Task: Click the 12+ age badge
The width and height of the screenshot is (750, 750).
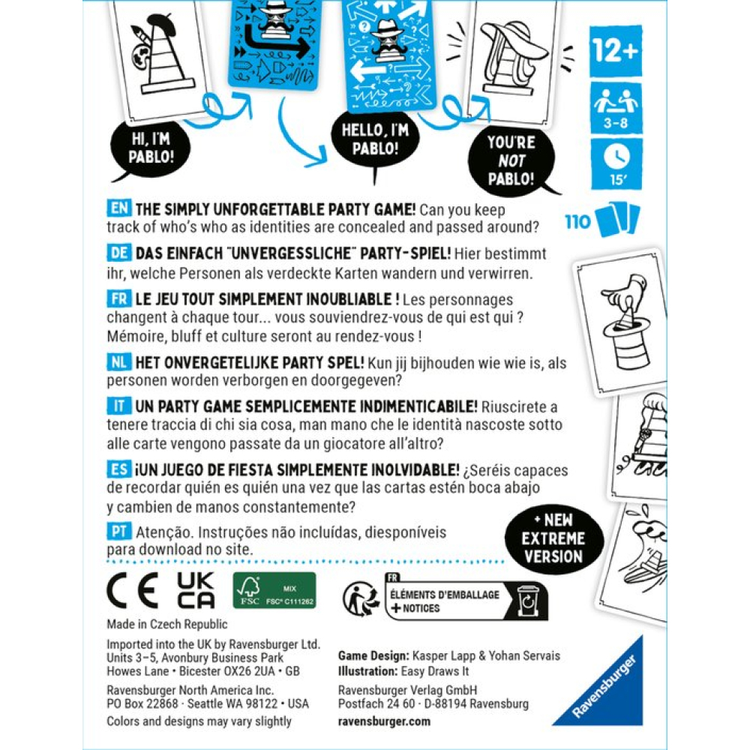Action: point(616,50)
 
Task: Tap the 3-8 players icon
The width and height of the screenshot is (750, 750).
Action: point(616,106)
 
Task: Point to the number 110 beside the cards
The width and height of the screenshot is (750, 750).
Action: point(578,220)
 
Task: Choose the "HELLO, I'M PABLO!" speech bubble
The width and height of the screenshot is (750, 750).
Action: point(370,140)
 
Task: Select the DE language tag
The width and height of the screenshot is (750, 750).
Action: point(119,254)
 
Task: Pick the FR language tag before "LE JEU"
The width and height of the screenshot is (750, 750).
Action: point(119,298)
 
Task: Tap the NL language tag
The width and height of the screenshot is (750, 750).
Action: point(119,362)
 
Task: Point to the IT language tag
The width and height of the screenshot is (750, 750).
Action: point(119,406)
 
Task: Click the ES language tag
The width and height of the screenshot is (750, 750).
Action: point(119,470)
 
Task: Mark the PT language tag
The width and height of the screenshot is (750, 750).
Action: point(119,532)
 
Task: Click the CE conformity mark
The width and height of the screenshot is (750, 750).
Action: point(132,591)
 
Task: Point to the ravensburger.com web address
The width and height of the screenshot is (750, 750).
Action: point(385,721)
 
